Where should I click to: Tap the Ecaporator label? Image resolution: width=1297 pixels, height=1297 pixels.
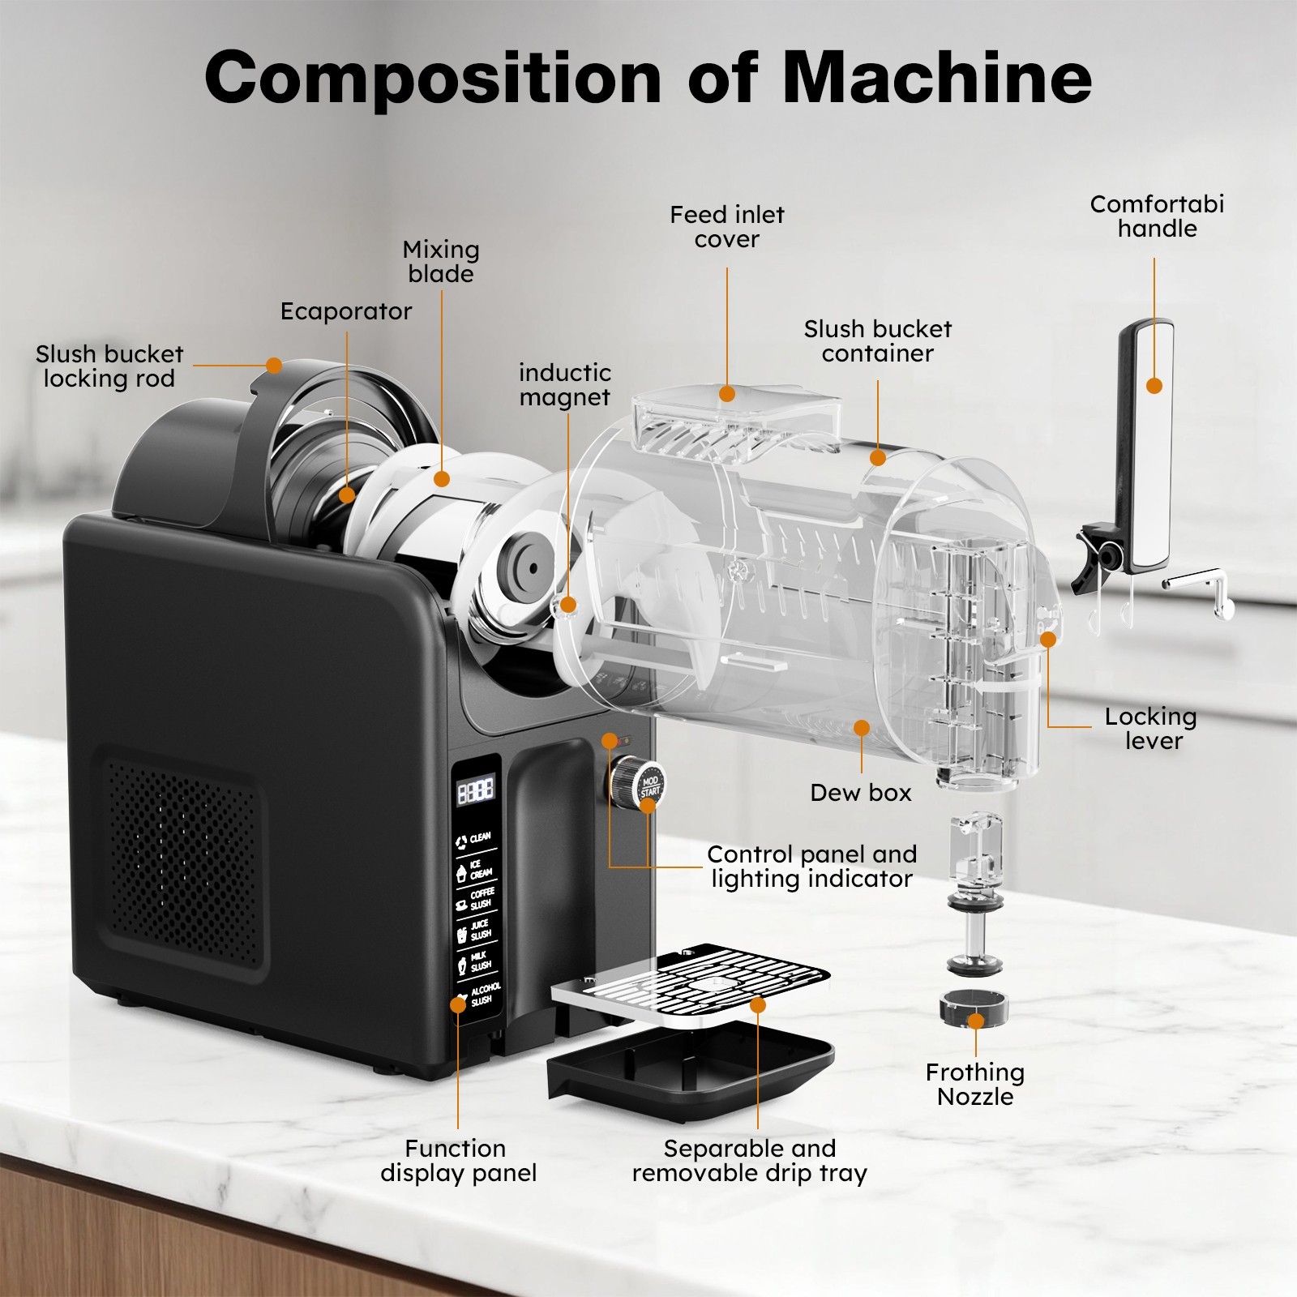coord(345,311)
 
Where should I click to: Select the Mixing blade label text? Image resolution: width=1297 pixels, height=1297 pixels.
coord(441,261)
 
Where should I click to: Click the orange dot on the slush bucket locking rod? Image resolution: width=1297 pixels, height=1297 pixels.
coord(274,366)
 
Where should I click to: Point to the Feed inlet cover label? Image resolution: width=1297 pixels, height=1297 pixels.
coord(726,227)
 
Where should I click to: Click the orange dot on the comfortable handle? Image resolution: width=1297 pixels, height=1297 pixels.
coord(1154,386)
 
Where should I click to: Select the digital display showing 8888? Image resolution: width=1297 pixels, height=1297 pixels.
coord(476,790)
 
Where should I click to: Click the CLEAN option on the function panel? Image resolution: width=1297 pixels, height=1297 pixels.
coord(474,839)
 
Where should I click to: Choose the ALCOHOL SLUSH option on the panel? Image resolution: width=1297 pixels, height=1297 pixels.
coord(478,995)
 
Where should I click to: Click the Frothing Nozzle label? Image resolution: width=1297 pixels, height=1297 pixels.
coord(974,1085)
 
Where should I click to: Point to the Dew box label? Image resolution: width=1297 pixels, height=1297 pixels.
coord(860,793)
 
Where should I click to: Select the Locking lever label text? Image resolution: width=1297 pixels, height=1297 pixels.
coord(1151,729)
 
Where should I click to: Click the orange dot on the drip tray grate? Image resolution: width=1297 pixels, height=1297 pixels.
coord(758,1005)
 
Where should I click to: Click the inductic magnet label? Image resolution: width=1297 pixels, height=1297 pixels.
coord(564,385)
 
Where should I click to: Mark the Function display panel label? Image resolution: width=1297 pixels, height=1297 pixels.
coord(458,1161)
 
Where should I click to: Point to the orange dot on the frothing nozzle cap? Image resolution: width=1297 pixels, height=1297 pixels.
coord(976,1021)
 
